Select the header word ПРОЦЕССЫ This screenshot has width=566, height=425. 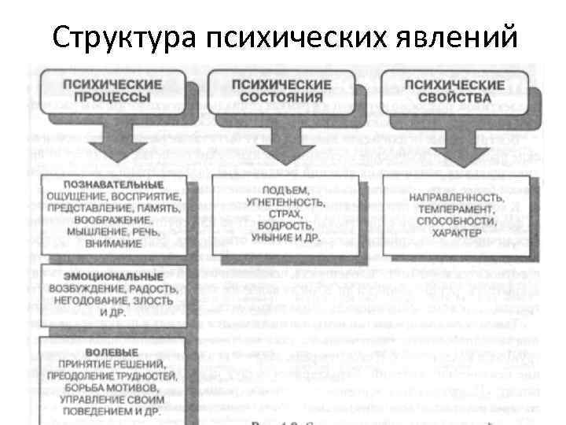click(x=112, y=97)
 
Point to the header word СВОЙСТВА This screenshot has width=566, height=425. click(x=454, y=97)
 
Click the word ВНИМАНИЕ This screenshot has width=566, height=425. click(x=112, y=245)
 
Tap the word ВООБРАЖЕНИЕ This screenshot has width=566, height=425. click(x=112, y=220)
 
